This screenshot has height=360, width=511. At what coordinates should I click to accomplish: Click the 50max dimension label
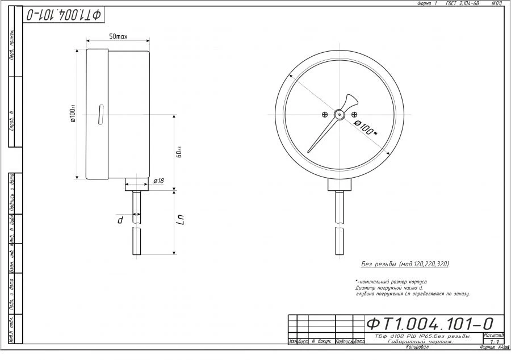point(118,36)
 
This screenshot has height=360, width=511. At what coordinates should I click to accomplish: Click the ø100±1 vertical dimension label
point(73,114)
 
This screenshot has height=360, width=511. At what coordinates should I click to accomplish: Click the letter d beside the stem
point(120,219)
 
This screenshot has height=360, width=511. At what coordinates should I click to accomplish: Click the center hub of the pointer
point(340,114)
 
